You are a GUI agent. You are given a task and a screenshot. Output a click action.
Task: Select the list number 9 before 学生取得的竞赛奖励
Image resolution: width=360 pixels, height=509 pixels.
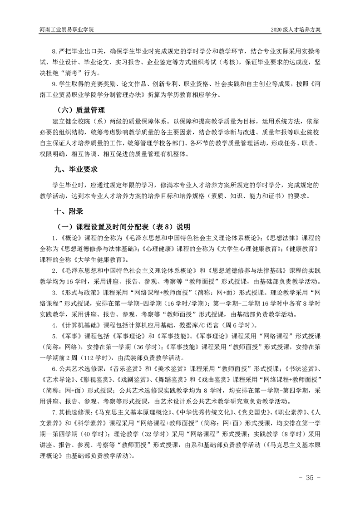54,83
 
